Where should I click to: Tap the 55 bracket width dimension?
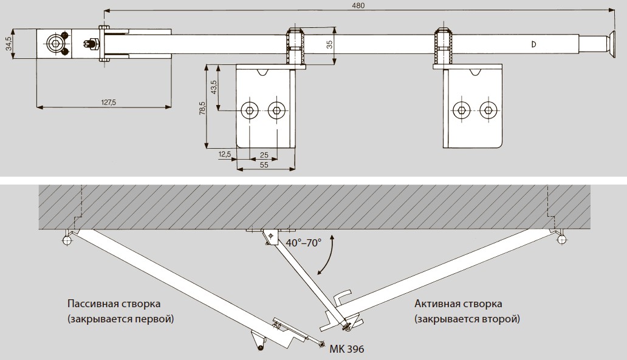click(x=264, y=165)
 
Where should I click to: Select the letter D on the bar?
click(x=533, y=44)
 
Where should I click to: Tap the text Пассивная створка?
click(x=115, y=304)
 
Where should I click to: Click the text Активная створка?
click(x=458, y=304)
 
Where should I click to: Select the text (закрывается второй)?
click(x=467, y=318)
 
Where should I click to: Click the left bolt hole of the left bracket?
click(x=248, y=110)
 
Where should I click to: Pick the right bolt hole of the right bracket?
click(x=487, y=110)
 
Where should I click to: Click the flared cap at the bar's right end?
click(x=608, y=44)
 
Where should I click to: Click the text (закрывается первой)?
click(x=120, y=318)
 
